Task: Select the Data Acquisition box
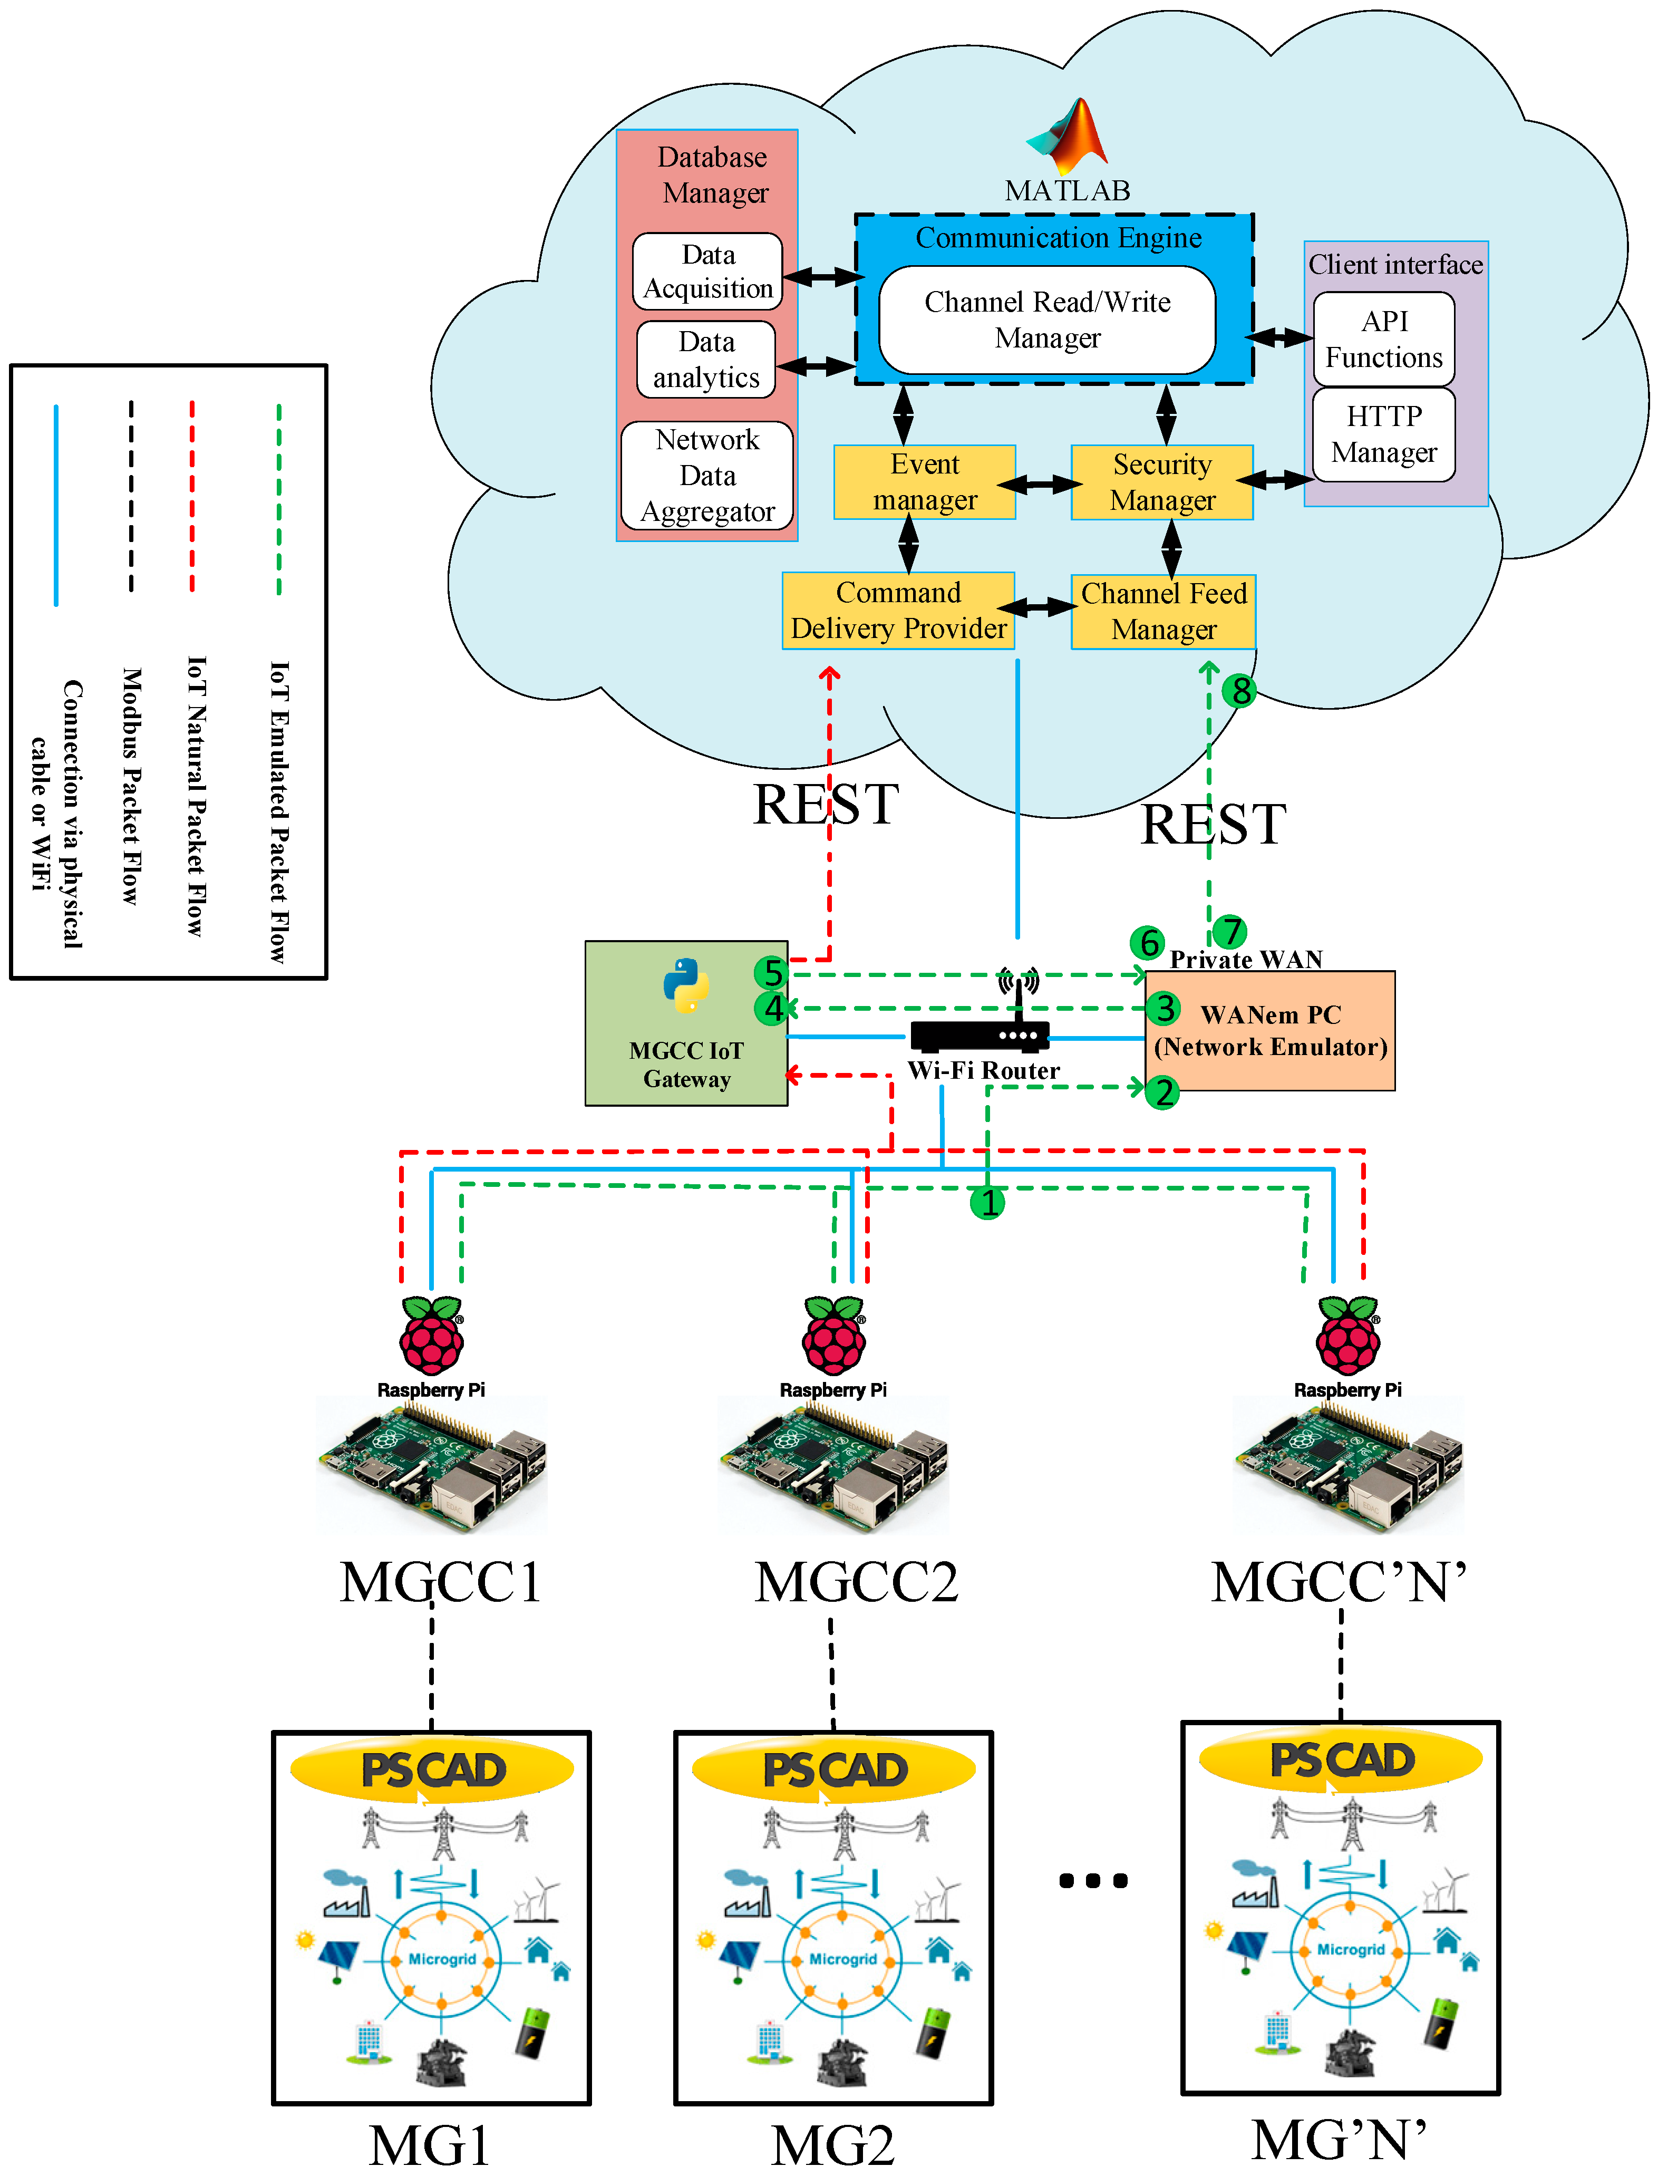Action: click(707, 272)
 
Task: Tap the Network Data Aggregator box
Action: click(707, 476)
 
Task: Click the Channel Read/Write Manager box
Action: click(1047, 320)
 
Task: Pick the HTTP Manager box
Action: click(1384, 434)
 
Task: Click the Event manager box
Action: click(925, 481)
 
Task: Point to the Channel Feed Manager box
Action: click(1163, 612)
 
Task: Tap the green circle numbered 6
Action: click(1148, 942)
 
